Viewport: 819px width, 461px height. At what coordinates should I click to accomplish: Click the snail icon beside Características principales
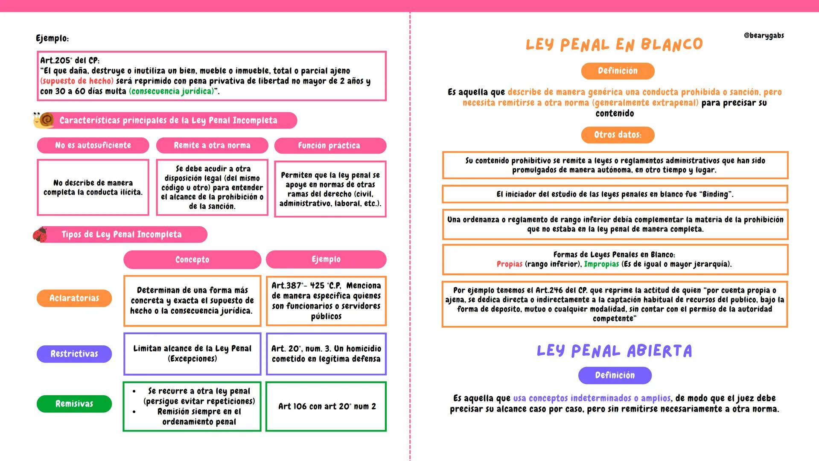[x=44, y=120]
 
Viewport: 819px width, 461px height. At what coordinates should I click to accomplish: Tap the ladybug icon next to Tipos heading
[x=40, y=234]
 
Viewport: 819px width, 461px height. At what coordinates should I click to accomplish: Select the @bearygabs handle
[x=764, y=35]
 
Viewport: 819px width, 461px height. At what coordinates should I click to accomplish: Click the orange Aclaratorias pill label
[x=74, y=298]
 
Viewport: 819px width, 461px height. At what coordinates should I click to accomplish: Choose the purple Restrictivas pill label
[x=74, y=354]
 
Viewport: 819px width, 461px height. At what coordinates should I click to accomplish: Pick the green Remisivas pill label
[x=74, y=404]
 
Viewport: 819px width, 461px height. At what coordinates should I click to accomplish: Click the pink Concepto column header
[x=192, y=260]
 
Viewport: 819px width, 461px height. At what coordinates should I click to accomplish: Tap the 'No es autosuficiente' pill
[x=93, y=145]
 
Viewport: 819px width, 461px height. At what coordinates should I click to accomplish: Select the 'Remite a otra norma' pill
[x=212, y=145]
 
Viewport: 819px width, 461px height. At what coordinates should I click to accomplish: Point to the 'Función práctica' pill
[x=330, y=146]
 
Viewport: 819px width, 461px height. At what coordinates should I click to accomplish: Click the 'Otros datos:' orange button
[x=618, y=135]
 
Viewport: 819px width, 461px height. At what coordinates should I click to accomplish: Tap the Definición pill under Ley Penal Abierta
[x=615, y=375]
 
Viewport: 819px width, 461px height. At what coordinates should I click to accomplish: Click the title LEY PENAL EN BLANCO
[x=614, y=44]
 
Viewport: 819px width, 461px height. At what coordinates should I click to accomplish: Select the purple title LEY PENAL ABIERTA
[x=614, y=351]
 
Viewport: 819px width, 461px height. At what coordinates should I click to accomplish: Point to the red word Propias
[x=509, y=264]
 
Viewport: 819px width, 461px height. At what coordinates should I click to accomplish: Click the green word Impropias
[x=601, y=264]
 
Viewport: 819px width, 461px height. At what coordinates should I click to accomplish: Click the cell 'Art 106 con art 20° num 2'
[x=326, y=406]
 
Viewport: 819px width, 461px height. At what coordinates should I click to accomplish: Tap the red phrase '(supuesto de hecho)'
[x=77, y=81]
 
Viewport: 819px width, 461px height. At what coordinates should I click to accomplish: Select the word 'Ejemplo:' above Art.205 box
[x=52, y=38]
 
